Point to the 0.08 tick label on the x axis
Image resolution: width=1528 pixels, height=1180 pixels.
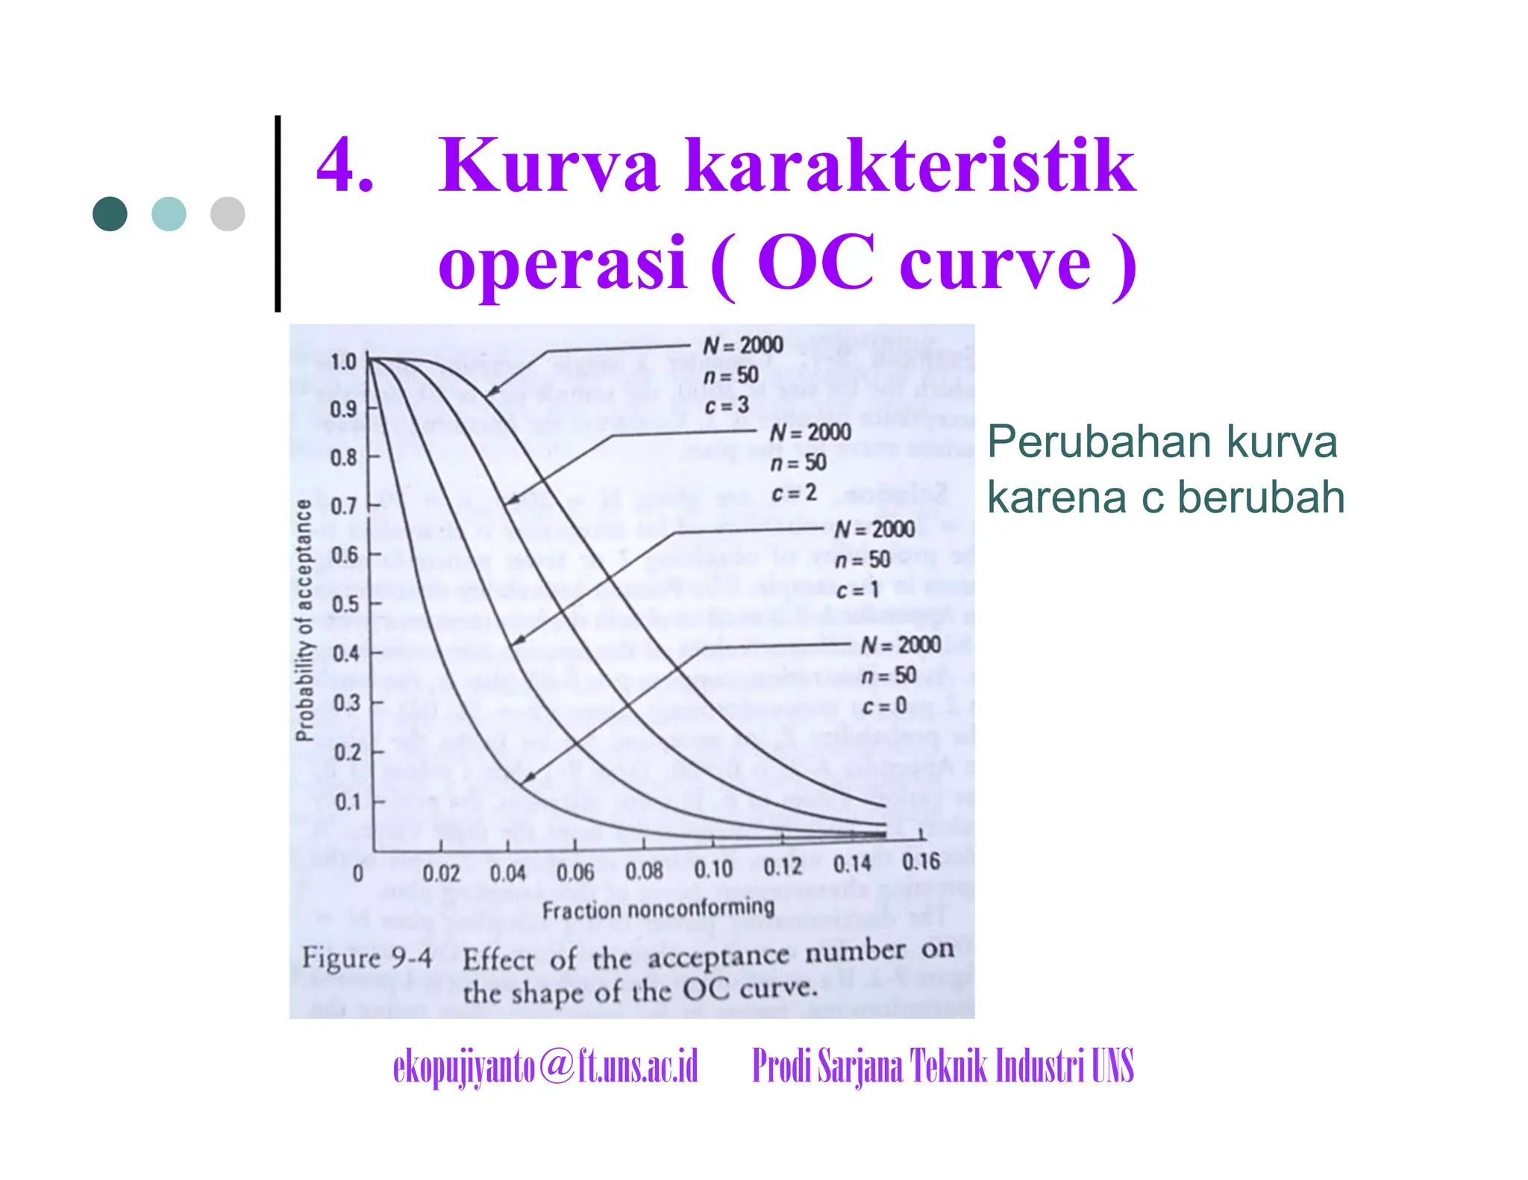point(644,870)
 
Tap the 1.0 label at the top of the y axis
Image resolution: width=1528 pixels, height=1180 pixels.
point(343,363)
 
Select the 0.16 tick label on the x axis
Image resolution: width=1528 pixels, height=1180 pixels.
point(921,862)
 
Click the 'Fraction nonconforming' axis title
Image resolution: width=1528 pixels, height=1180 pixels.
point(658,908)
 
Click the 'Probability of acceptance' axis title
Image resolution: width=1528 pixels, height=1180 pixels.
point(304,621)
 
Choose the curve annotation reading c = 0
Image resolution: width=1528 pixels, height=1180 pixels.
point(884,706)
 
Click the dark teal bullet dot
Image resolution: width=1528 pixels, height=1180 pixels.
point(110,214)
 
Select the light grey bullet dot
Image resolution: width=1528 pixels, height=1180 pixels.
point(228,214)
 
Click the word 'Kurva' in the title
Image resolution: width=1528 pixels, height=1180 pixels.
point(548,166)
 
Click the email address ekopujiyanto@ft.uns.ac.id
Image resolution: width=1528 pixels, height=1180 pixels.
point(545,1066)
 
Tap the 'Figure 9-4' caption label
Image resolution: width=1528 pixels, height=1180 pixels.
point(366,958)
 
